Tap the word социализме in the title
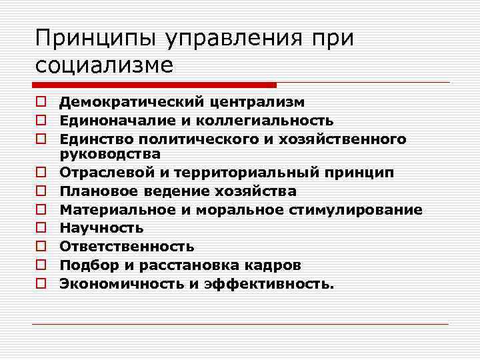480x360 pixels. pos(104,65)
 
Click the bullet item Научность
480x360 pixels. pos(101,229)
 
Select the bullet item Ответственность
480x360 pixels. pos(127,247)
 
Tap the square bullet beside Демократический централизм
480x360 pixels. pos(41,102)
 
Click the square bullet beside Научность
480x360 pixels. pos(41,229)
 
